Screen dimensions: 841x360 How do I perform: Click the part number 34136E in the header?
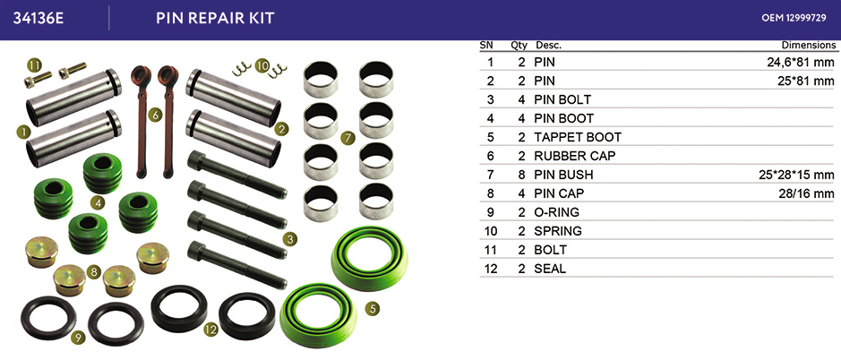[39, 18]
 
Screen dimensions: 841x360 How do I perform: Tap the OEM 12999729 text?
[794, 18]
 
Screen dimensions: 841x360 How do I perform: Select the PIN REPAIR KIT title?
[215, 18]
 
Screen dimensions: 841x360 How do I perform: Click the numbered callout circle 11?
[34, 65]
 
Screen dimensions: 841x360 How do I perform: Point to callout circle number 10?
[262, 65]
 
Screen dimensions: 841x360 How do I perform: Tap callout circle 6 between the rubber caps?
[154, 115]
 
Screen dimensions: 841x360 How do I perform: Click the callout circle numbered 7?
[348, 139]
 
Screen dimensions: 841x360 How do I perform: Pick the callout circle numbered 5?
[373, 308]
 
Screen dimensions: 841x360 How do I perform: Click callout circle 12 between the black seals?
[210, 330]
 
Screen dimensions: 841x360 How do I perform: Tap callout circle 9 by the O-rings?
[78, 338]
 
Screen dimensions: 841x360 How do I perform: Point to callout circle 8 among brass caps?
[93, 272]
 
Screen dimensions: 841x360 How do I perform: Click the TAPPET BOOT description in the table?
[578, 137]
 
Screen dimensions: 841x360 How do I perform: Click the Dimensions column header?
[808, 45]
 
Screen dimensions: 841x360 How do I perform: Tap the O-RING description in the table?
[557, 212]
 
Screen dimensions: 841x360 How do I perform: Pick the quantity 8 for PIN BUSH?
[521, 175]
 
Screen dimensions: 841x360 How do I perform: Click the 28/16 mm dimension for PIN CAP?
[807, 193]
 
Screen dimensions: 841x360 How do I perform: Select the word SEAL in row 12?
[550, 269]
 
